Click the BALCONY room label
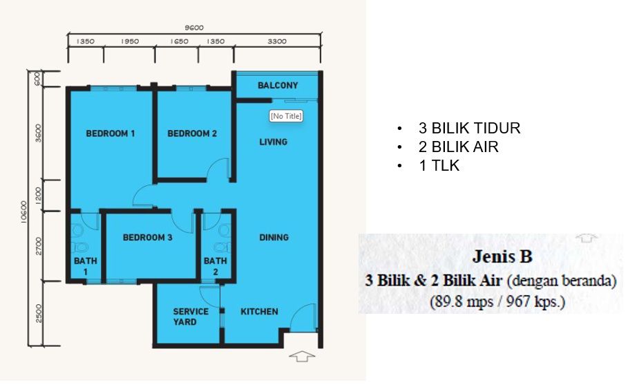(278, 85)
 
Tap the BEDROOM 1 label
(111, 133)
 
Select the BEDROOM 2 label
(192, 133)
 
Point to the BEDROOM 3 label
(147, 237)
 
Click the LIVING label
(273, 142)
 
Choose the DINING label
(274, 237)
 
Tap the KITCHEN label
(259, 311)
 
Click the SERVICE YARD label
(191, 317)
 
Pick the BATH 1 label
(85, 266)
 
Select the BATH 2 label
(216, 266)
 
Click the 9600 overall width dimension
(194, 28)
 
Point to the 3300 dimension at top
(277, 41)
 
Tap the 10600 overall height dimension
(24, 212)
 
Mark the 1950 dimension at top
(129, 41)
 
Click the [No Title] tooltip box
(285, 116)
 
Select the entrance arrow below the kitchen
(302, 356)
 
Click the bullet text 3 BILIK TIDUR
(469, 128)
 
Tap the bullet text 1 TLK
(439, 165)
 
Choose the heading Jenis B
(502, 256)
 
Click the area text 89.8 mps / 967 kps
(497, 301)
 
